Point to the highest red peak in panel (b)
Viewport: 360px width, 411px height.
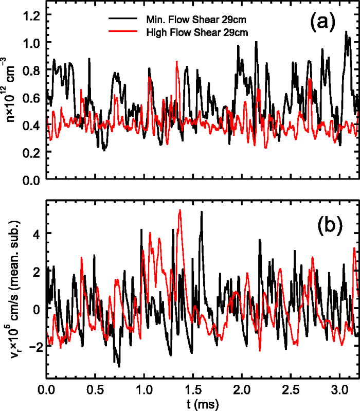click(x=180, y=210)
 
